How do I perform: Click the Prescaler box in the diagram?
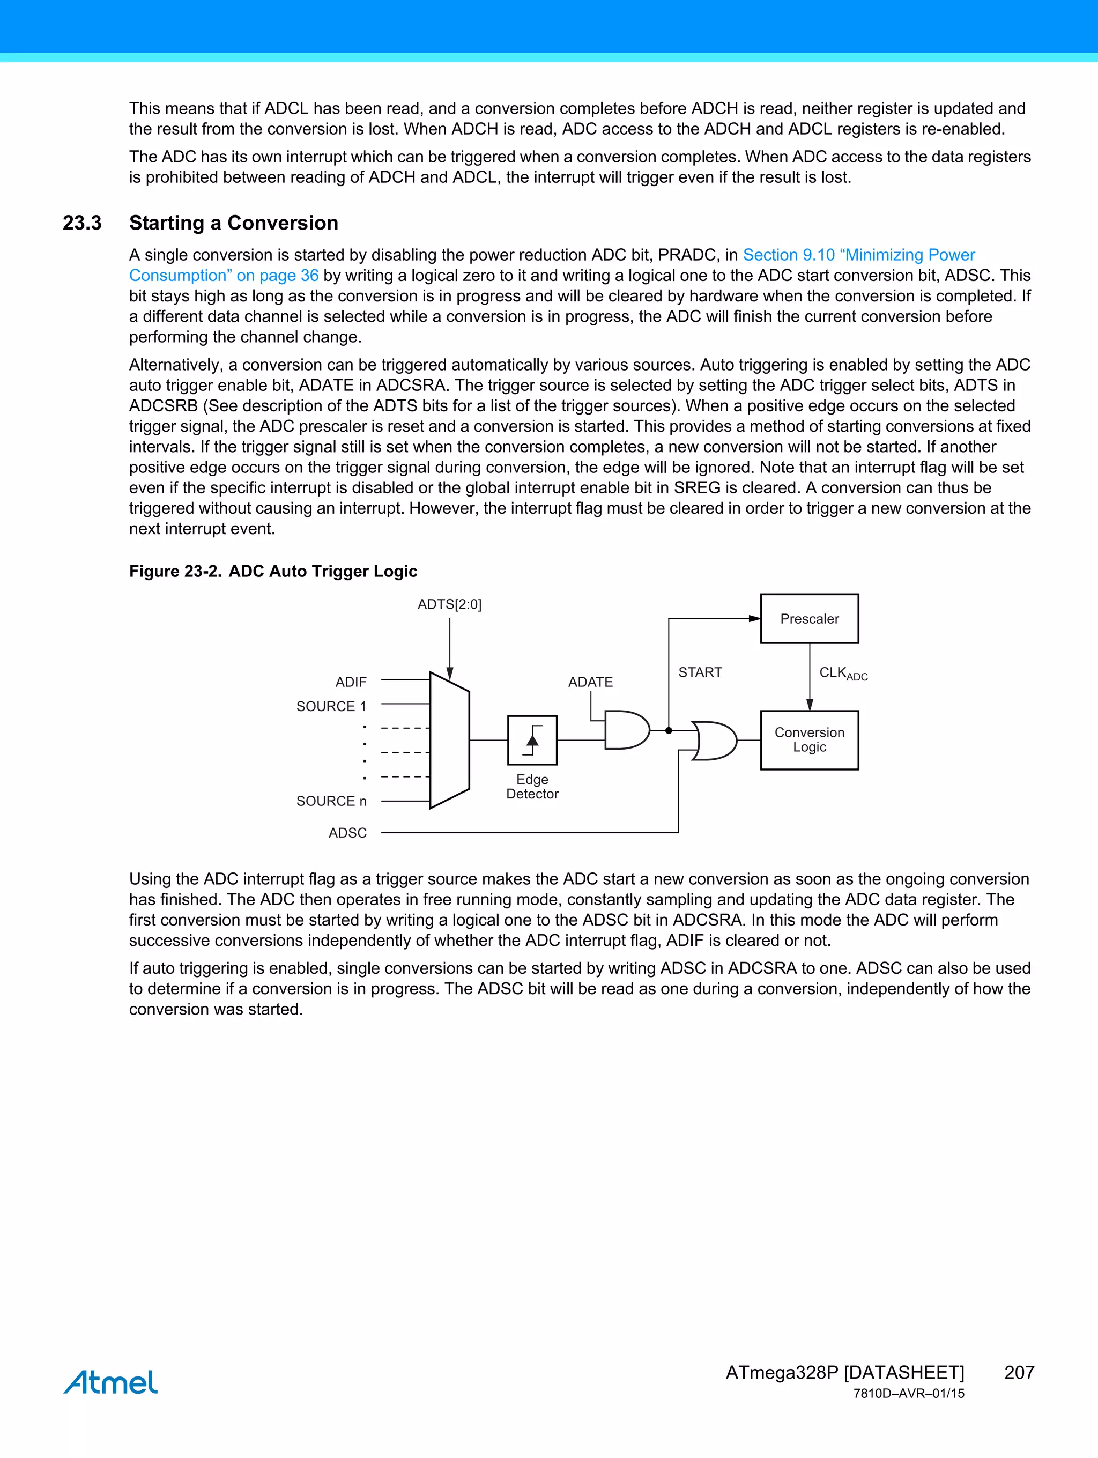pyautogui.click(x=810, y=618)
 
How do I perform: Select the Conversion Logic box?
pyautogui.click(x=810, y=739)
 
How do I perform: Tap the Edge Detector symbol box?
pyautogui.click(x=532, y=739)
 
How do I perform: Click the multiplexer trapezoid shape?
pyautogui.click(x=449, y=740)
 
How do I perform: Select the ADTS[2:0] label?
pyautogui.click(x=449, y=604)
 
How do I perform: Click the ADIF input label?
pyautogui.click(x=351, y=682)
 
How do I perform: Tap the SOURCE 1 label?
pyautogui.click(x=331, y=706)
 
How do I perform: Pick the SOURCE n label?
pyautogui.click(x=331, y=801)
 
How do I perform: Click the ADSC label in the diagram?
pyautogui.click(x=347, y=832)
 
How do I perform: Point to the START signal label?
pyautogui.click(x=700, y=672)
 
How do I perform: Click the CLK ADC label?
pyautogui.click(x=843, y=673)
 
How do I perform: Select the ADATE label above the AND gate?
pyautogui.click(x=590, y=682)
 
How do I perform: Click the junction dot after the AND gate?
pyautogui.click(x=669, y=730)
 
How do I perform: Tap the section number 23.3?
pyautogui.click(x=83, y=223)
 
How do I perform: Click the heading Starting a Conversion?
pyautogui.click(x=233, y=223)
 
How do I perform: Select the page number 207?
pyautogui.click(x=1019, y=1372)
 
